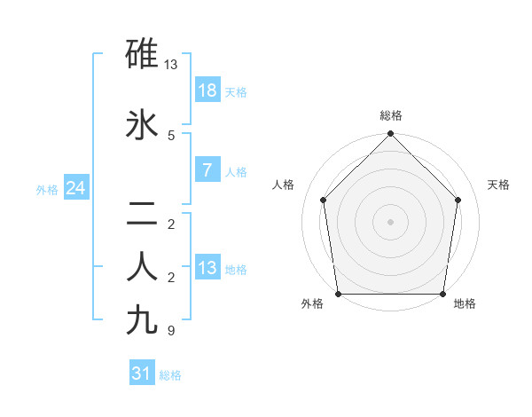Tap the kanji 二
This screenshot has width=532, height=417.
[142, 213]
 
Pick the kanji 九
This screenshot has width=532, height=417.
[142, 319]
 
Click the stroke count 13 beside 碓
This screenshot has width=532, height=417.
[171, 65]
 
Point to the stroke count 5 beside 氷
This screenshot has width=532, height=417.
[171, 135]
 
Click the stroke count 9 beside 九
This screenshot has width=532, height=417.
[171, 331]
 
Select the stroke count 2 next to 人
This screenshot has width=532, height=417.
[171, 277]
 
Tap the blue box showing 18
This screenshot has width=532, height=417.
[207, 90]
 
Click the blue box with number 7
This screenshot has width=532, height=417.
[207, 170]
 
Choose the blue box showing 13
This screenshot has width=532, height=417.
[207, 268]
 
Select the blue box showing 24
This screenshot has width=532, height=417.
[75, 188]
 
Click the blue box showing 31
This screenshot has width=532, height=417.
[141, 374]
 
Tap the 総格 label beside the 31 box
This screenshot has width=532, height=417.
[170, 375]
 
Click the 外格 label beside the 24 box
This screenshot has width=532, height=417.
[47, 189]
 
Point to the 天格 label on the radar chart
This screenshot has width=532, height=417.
[499, 185]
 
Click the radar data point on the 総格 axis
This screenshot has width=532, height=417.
[390, 134]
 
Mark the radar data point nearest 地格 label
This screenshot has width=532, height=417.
[442, 294]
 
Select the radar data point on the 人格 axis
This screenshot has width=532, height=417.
[323, 200]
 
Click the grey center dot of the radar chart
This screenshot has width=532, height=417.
[390, 222]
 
